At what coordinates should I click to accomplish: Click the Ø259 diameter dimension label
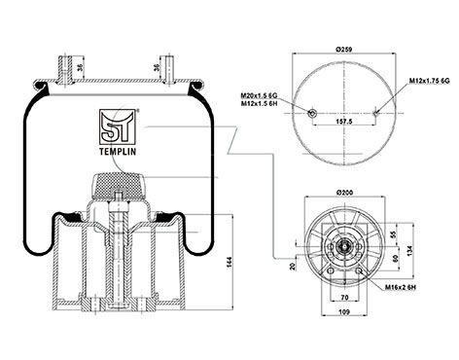344,50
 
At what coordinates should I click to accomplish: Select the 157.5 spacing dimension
344,121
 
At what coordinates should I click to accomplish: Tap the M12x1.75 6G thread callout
429,81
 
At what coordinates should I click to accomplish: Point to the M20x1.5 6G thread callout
259,96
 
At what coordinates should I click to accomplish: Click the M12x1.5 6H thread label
259,103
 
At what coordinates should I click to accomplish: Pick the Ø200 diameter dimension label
345,193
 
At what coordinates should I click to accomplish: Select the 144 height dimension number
229,263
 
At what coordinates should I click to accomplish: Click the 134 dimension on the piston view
409,249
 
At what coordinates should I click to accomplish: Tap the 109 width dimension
344,312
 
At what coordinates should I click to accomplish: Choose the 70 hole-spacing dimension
344,297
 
